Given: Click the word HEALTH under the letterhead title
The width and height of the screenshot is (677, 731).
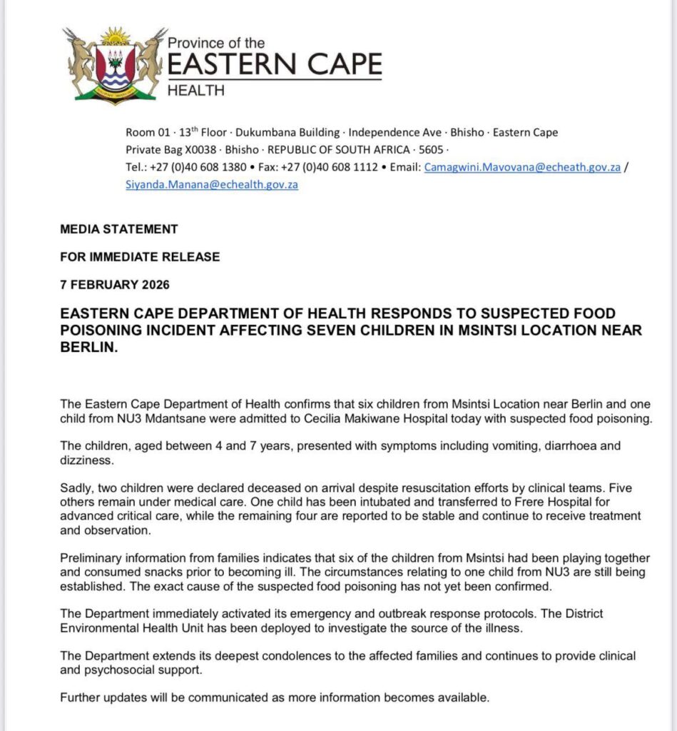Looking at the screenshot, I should (195, 91).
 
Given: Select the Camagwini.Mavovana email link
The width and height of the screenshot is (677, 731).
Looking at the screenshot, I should (522, 167).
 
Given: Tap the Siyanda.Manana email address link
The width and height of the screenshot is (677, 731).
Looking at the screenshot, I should (212, 184).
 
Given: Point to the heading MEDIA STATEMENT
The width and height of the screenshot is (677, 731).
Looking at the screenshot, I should (119, 229).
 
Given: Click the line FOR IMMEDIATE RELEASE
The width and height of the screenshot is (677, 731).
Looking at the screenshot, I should (140, 257).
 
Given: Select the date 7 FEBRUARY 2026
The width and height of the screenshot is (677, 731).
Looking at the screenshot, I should (115, 285).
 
